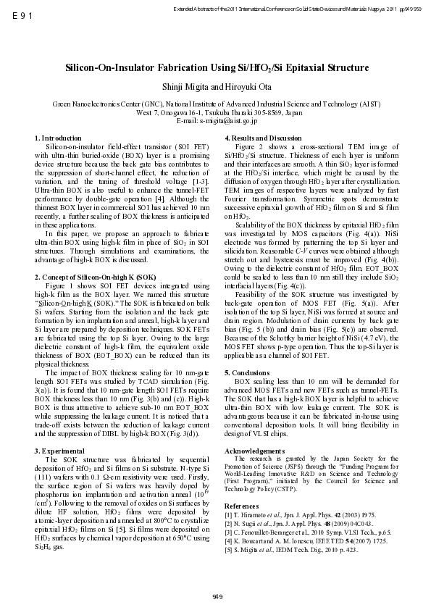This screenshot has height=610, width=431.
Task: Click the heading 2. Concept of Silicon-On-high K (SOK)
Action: pyautogui.click(x=95, y=277)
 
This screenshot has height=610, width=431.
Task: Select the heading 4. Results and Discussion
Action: pyautogui.click(x=264, y=138)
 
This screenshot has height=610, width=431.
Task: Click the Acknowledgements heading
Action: pyautogui.click(x=255, y=451)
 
